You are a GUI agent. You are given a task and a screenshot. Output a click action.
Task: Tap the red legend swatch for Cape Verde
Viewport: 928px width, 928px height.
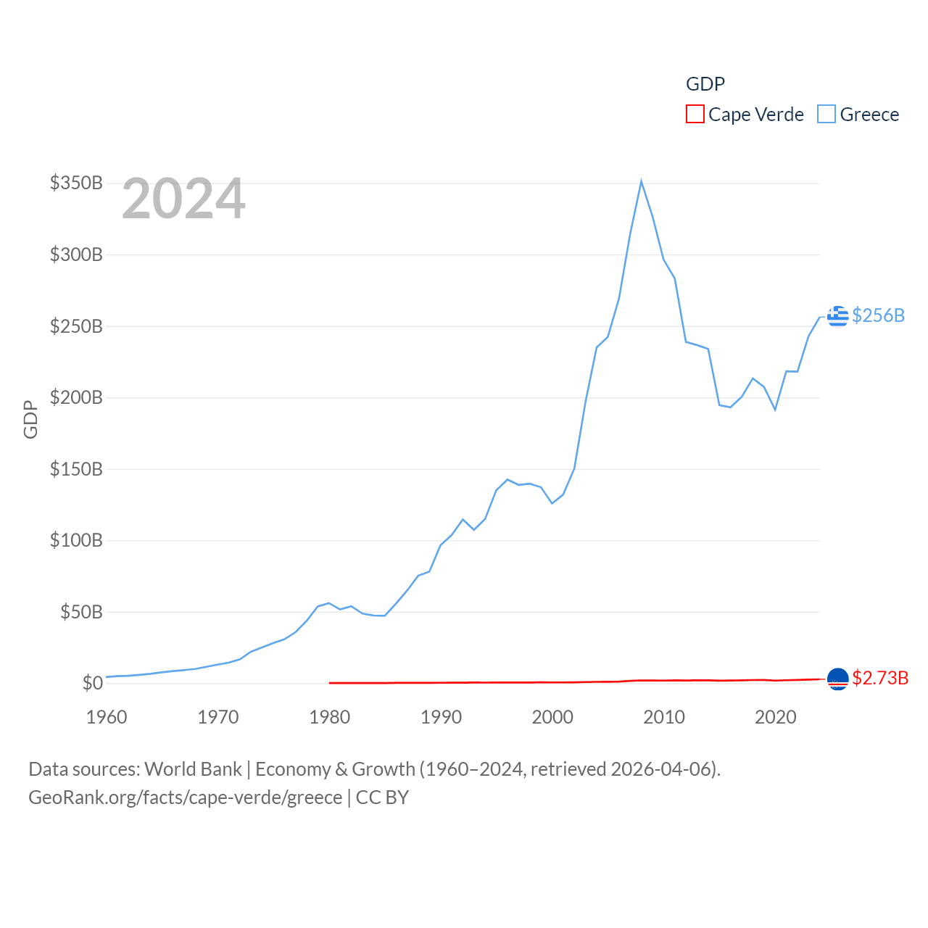pos(695,115)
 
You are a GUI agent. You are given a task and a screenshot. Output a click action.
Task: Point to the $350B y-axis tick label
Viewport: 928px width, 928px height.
pos(76,183)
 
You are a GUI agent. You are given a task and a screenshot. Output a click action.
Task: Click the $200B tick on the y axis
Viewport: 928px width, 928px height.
pos(76,397)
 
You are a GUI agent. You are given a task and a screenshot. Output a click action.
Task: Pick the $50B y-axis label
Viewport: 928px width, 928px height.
pos(81,612)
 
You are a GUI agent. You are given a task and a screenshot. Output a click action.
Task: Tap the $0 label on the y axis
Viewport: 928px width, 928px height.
pos(92,683)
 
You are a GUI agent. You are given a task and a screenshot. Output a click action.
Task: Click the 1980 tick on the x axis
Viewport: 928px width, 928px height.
pos(329,717)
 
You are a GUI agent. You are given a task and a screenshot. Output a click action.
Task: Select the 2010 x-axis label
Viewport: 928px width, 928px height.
pos(664,717)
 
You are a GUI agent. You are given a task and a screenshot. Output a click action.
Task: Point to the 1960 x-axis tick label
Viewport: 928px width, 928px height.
pos(107,717)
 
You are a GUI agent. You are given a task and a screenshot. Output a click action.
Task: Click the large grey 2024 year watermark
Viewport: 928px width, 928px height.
pos(183,199)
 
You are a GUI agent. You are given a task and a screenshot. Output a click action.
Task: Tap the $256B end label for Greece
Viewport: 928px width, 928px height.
pos(878,315)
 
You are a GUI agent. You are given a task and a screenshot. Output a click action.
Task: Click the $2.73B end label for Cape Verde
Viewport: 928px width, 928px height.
pos(880,678)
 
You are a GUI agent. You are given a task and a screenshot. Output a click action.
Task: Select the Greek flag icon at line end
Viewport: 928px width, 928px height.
pos(837,316)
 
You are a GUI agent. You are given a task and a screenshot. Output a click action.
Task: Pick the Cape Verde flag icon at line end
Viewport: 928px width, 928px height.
pos(837,679)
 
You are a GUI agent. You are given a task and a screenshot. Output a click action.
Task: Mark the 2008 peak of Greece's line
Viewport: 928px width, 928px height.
pos(641,181)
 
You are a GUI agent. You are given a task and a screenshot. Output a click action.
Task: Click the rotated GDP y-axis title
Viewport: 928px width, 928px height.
pos(30,419)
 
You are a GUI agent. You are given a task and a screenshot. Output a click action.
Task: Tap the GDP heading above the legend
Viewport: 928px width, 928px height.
pos(705,84)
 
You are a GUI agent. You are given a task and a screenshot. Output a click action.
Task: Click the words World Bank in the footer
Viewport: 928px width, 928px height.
pos(193,768)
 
